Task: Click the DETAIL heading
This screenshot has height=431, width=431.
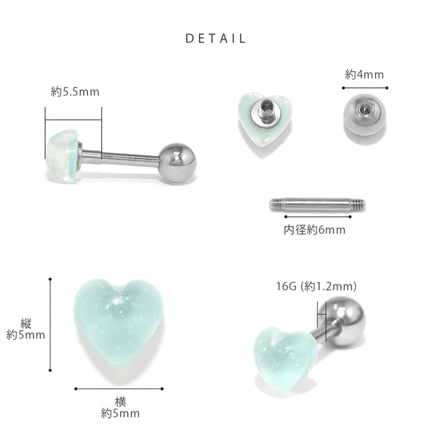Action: coord(216,38)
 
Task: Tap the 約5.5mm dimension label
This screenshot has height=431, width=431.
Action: coord(75,92)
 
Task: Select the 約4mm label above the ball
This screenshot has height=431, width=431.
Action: coord(365,75)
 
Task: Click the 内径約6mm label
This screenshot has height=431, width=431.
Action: coord(315,230)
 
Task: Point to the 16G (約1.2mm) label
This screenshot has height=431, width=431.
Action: coord(316,286)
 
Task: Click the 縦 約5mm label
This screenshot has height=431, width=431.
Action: coord(26,329)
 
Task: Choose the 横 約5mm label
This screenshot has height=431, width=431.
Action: coord(120,408)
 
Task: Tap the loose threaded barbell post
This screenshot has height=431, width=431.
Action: coord(318,205)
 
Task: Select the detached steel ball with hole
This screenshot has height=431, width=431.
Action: coord(365,115)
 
